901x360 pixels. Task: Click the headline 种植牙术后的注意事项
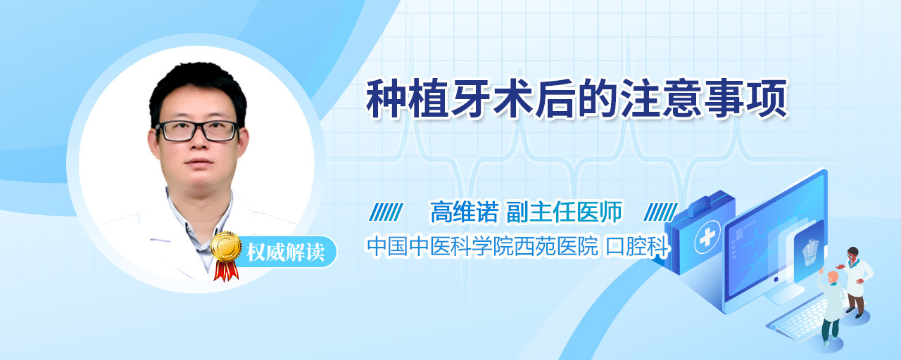coord(576,99)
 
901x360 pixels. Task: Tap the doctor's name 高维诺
coord(465,212)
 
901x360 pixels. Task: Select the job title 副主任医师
coord(564,212)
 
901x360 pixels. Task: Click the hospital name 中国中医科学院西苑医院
coord(482,246)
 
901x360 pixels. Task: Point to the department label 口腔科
coord(637,246)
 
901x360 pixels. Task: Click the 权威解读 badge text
coord(285,252)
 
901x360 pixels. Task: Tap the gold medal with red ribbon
coord(226,256)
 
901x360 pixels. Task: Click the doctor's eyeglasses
coord(197,131)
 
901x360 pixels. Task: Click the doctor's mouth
coord(199,162)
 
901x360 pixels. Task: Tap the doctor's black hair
coord(198,91)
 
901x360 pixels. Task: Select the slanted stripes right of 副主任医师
coord(660,212)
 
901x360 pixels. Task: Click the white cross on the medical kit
coord(707,237)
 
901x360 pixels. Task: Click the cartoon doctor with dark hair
coord(857,282)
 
